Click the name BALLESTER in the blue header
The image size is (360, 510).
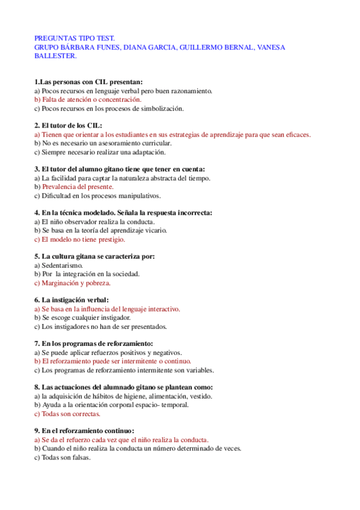[x=55, y=56]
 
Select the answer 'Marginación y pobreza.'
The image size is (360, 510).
[x=76, y=283]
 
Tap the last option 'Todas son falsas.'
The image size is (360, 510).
[x=66, y=457]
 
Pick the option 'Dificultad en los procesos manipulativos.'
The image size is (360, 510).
[x=97, y=195]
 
